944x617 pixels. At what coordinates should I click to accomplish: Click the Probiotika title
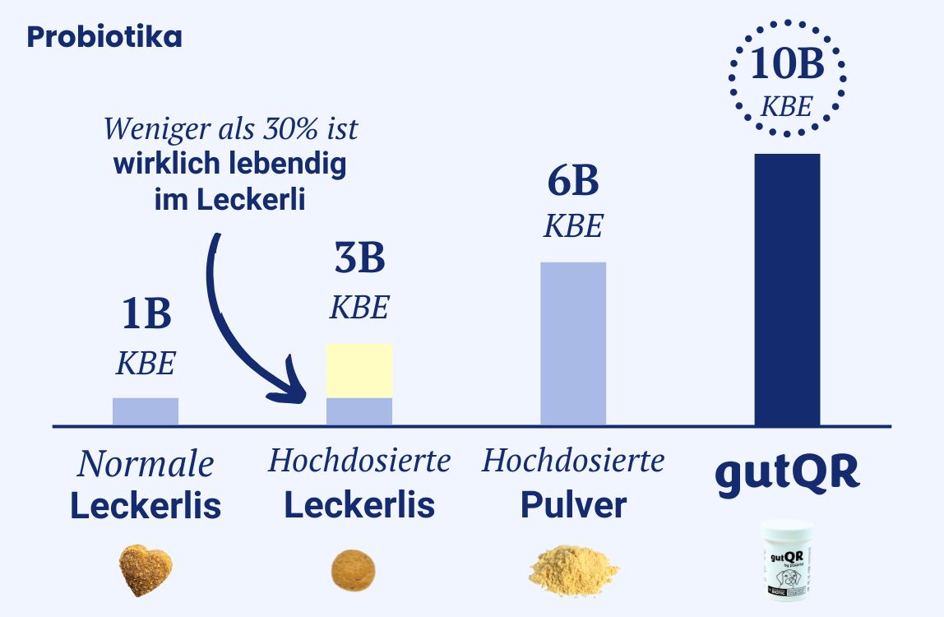click(x=104, y=37)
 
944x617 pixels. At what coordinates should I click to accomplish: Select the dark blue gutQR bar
click(x=787, y=290)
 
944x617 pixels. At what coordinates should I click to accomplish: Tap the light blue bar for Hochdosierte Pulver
click(x=573, y=343)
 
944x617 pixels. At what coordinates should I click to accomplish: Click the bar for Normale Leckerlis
click(x=146, y=411)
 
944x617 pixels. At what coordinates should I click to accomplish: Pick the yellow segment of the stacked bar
click(x=359, y=371)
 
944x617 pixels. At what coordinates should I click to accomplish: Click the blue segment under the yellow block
click(x=359, y=411)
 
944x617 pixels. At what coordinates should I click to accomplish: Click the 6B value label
click(x=573, y=183)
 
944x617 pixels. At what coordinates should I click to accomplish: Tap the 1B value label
click(x=146, y=315)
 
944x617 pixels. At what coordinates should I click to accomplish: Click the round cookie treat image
click(x=354, y=570)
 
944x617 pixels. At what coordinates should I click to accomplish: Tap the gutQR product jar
click(x=786, y=559)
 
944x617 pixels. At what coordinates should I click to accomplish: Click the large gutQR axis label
click(x=787, y=472)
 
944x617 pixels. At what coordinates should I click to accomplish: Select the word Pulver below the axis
click(x=573, y=505)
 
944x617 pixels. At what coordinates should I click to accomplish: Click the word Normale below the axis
click(x=146, y=465)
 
